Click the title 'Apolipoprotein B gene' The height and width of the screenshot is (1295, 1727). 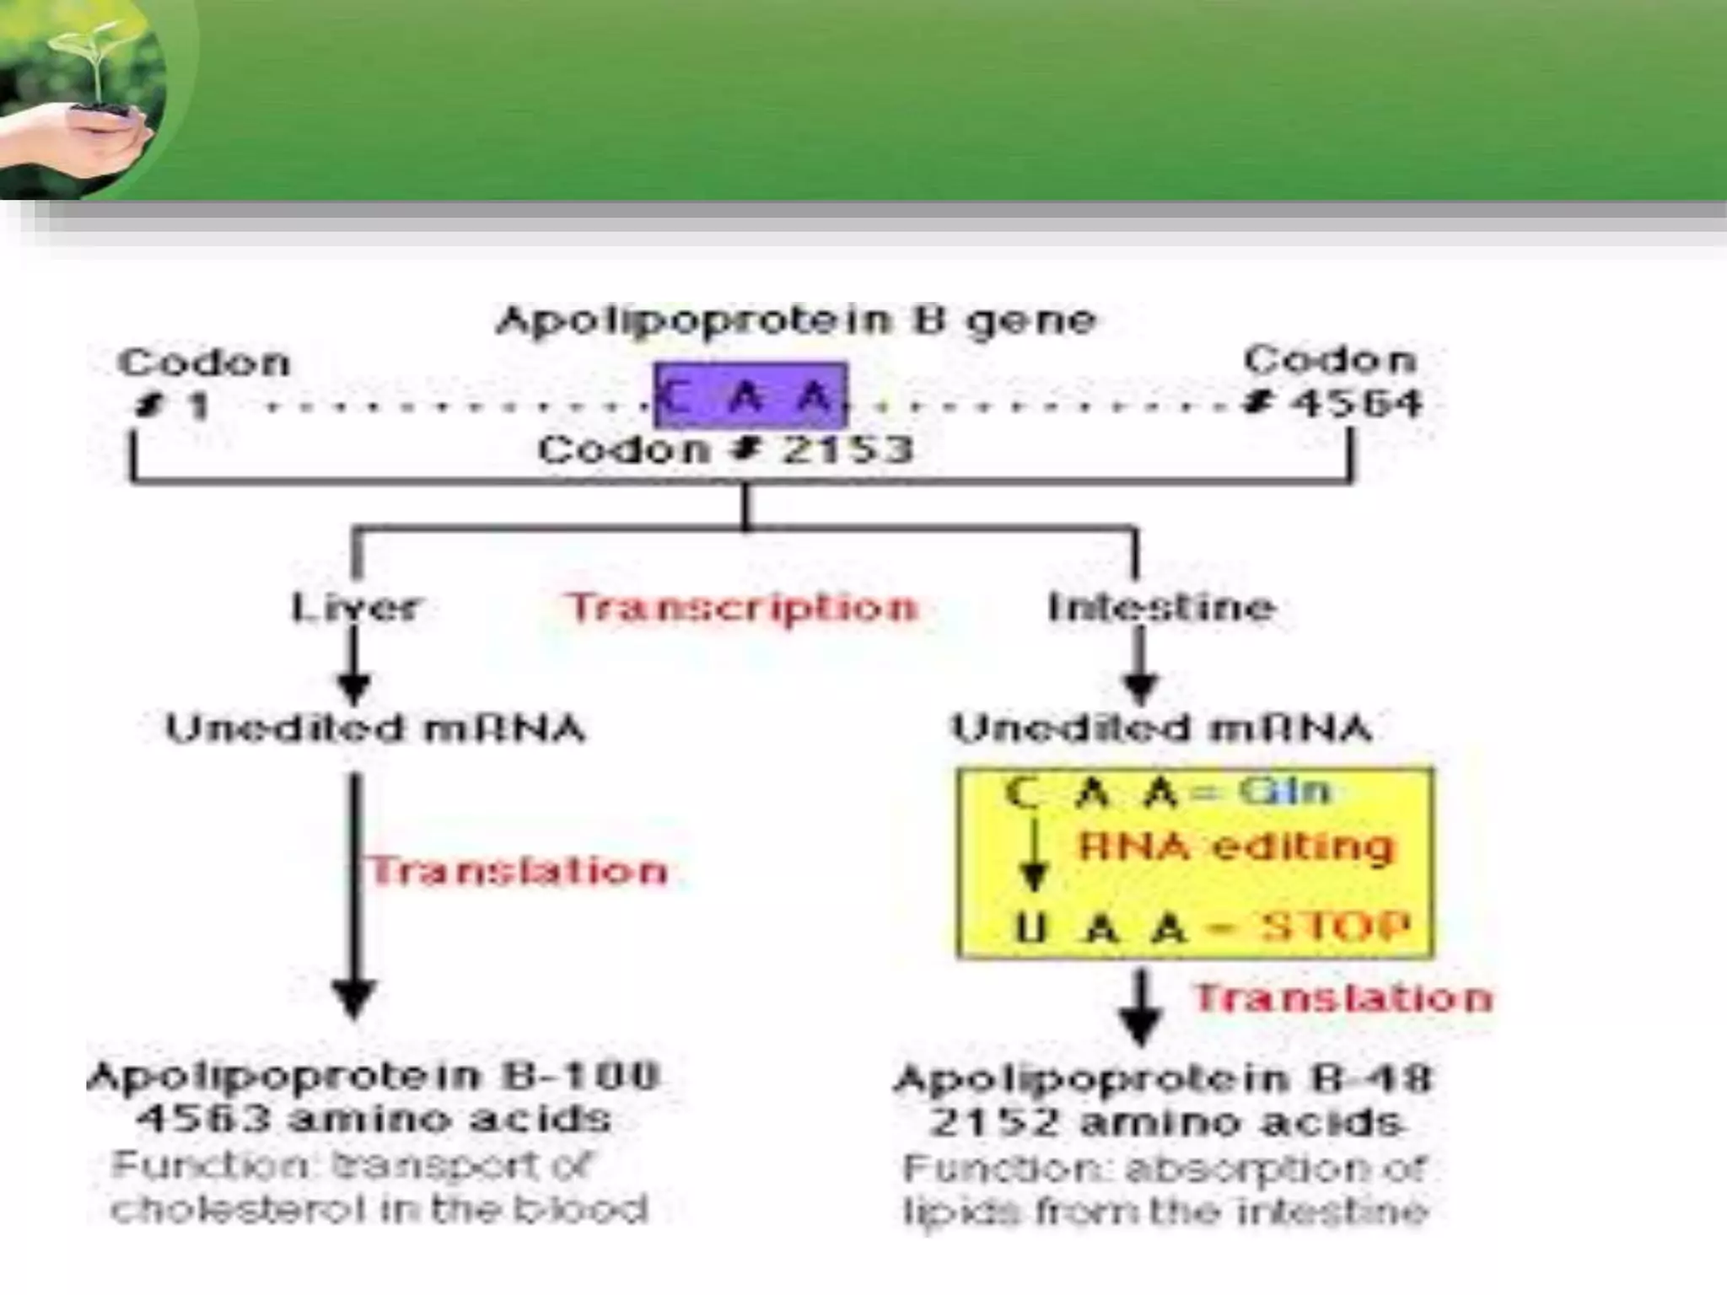pos(796,320)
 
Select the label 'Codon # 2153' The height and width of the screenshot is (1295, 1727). pos(725,449)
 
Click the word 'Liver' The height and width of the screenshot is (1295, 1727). pos(354,607)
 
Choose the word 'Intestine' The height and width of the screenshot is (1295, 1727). pos(1160,607)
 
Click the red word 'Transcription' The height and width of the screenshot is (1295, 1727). pos(742,607)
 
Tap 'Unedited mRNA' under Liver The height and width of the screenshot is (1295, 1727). pos(375,728)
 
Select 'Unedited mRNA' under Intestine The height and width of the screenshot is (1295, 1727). pos(1160,728)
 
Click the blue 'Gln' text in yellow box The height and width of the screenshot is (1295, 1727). pos(1283,791)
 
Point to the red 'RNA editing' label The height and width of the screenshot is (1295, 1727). pos(1236,846)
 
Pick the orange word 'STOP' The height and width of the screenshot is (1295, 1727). pos(1334,926)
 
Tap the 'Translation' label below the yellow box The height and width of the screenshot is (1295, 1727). pos(1342,998)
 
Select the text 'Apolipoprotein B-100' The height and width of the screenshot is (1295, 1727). pos(374,1076)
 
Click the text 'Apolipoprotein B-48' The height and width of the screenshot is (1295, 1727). pos(1164,1078)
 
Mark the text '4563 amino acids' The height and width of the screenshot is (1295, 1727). pos(374,1119)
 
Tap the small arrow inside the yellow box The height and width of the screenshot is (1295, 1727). pos(1035,858)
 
